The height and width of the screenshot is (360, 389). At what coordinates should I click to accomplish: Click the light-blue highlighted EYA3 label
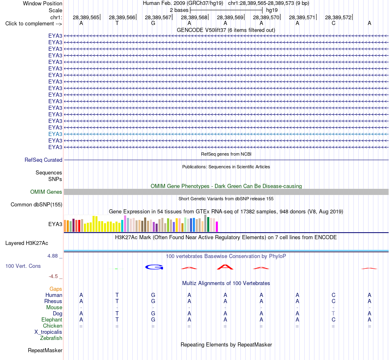point(55,134)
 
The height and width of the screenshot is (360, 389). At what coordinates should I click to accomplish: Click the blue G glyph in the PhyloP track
point(154,267)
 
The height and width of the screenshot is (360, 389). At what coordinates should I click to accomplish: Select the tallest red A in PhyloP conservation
point(225,267)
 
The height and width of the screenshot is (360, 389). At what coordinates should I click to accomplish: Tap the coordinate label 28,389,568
point(194,17)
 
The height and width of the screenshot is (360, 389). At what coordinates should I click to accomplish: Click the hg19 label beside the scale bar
point(271,10)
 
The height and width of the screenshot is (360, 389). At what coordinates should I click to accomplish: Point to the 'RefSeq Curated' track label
point(43,160)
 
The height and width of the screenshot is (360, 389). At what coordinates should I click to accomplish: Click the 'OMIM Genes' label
point(46,192)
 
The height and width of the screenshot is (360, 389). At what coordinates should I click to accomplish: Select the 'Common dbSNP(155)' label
point(36,204)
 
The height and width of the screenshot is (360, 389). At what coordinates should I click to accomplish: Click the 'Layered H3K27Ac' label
point(27,243)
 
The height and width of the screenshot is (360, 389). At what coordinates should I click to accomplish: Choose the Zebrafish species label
point(51,338)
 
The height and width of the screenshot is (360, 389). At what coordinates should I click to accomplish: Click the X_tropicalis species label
point(48,332)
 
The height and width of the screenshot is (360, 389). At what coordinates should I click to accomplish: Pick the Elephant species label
point(52,319)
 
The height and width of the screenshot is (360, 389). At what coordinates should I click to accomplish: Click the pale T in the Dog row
point(333,313)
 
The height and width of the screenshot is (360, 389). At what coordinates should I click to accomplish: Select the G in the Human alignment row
point(153,295)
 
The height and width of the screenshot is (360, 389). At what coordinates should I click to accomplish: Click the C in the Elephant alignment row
point(333,319)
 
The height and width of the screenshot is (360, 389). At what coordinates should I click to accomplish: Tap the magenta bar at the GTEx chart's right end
point(217,227)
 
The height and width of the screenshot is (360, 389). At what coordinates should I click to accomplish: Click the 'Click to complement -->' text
point(34,24)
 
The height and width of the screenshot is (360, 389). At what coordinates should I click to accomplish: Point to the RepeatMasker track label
point(45,350)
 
